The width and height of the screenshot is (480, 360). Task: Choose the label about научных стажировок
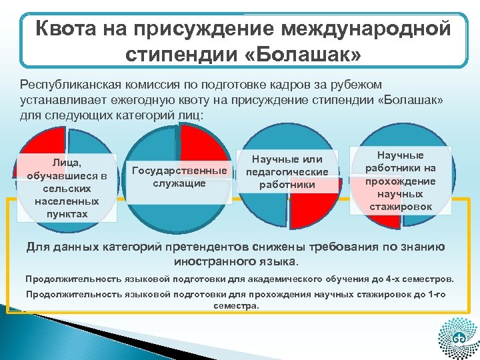(x=400, y=180)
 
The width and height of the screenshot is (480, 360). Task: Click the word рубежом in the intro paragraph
(x=360, y=85)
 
